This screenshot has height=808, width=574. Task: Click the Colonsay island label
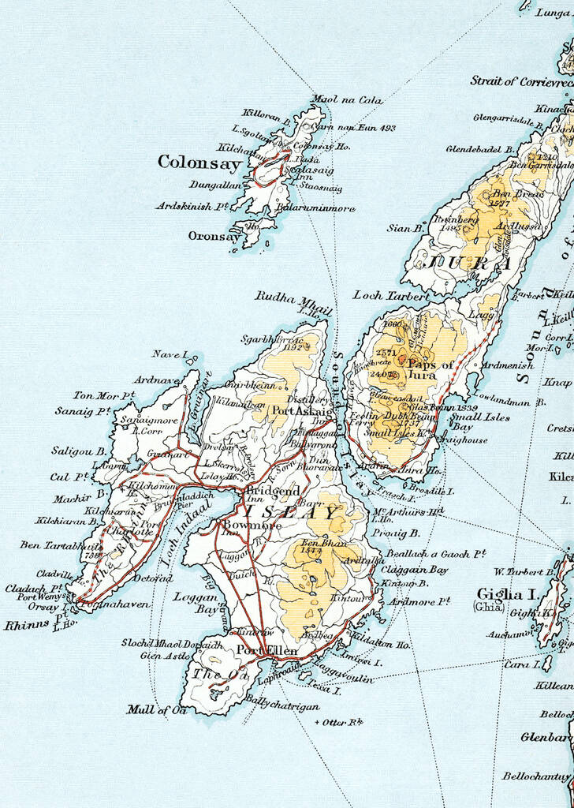[199, 163]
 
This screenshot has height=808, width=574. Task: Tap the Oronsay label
[213, 236]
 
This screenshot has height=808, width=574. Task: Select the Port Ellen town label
[267, 650]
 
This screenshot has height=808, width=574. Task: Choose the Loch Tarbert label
[392, 295]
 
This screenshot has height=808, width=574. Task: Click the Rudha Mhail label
[293, 300]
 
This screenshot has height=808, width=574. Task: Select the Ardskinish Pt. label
[192, 206]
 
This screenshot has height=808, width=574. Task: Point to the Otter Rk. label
[341, 722]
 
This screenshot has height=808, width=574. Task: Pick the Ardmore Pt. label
[419, 601]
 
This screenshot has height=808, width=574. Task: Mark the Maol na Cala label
[335, 100]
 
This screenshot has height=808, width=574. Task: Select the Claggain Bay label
[415, 569]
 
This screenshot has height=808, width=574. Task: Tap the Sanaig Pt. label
[81, 411]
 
